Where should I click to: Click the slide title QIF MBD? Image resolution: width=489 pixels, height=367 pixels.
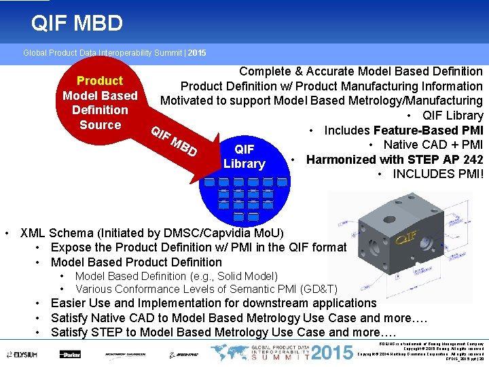[77, 24]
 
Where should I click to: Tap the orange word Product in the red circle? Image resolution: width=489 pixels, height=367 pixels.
[100, 81]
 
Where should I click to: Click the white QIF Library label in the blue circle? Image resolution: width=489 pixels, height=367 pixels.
[244, 156]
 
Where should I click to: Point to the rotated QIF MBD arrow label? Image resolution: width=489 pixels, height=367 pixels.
[174, 141]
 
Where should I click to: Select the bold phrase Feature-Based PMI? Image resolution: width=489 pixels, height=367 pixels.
[428, 130]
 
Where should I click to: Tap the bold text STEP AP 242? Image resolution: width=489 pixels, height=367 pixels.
[445, 159]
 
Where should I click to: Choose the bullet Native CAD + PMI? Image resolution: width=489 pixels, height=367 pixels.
[433, 144]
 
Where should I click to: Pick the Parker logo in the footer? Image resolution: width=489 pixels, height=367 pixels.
[69, 354]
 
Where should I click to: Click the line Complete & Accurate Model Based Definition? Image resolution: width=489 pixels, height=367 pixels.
[361, 71]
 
